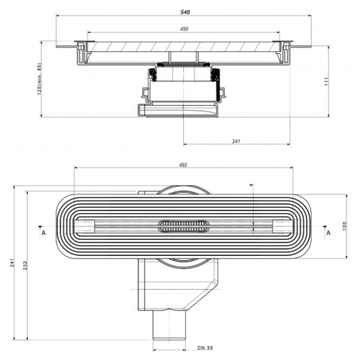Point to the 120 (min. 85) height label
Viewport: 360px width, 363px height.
(x=39, y=79)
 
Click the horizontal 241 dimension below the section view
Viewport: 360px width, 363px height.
(x=237, y=141)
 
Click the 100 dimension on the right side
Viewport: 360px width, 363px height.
(x=344, y=226)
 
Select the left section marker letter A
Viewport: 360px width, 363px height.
(x=43, y=231)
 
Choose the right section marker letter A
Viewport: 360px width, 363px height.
(x=328, y=231)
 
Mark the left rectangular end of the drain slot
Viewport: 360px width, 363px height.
(x=84, y=226)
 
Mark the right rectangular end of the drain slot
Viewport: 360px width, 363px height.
(x=283, y=226)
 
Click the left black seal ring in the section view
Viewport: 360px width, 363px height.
(x=154, y=75)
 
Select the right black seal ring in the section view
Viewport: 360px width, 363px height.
(x=214, y=75)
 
